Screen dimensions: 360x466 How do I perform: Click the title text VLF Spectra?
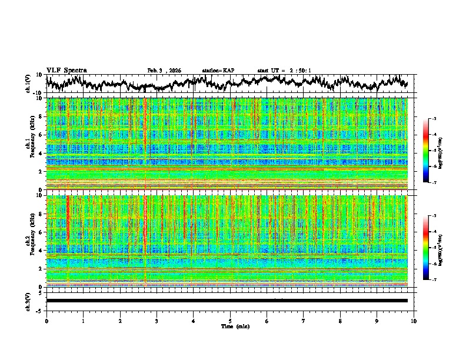(x=66, y=71)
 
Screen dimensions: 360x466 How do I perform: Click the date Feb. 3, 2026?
(x=164, y=71)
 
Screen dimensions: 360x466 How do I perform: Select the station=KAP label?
(x=218, y=71)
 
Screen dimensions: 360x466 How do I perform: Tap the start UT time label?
(x=284, y=71)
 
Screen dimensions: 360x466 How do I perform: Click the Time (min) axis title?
(x=234, y=326)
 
